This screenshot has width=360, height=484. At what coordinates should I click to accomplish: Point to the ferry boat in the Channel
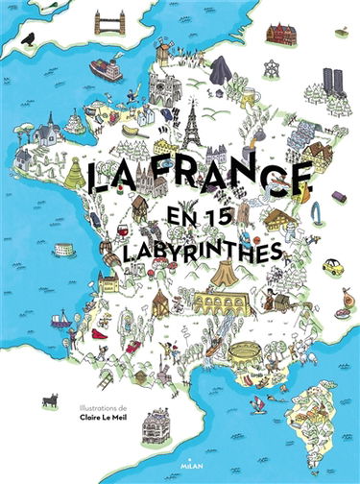click(x=106, y=70)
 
